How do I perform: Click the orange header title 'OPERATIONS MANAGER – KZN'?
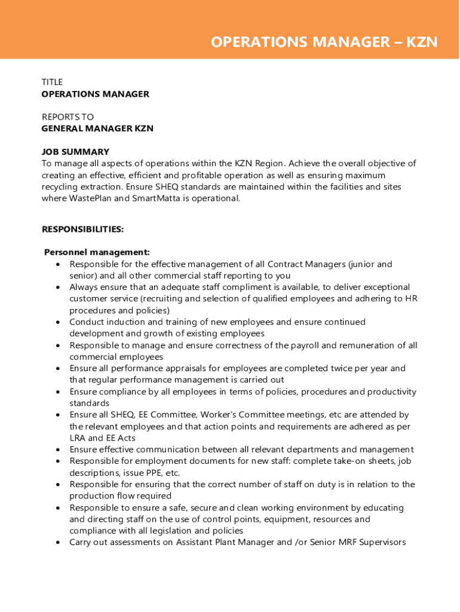324,42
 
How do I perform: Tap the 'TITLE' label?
52,82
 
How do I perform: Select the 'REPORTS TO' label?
68,117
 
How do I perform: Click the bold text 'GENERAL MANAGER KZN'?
97,128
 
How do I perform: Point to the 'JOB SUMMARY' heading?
75,152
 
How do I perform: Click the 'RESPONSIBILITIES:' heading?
82,229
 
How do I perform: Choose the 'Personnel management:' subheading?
97,252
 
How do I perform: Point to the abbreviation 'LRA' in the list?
78,438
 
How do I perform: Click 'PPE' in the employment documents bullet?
152,473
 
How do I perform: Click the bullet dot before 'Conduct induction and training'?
57,322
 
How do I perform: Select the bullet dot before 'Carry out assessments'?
57,543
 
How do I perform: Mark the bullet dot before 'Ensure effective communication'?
57,449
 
